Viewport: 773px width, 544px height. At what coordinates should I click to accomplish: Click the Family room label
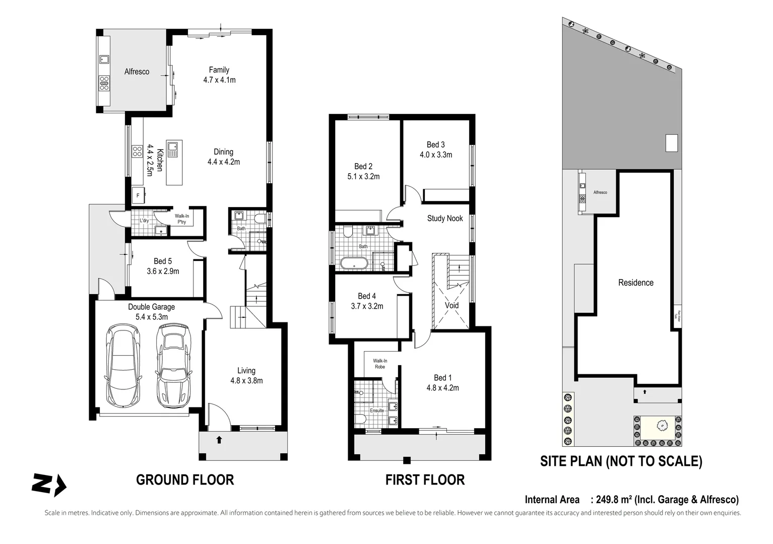tap(219, 70)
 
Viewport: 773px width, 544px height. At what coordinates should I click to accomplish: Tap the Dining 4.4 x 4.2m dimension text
tap(223, 162)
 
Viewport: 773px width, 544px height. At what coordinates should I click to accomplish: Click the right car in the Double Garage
tap(174, 366)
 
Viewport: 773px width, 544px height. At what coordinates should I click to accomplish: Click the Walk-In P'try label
tap(182, 219)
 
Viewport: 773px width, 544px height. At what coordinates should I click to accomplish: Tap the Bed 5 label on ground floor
tap(162, 261)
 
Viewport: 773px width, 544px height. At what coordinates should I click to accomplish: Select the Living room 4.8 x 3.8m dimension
tap(246, 381)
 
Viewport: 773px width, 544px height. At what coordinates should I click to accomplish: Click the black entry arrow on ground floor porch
tap(219, 440)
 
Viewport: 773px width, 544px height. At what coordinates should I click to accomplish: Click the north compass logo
tap(48, 485)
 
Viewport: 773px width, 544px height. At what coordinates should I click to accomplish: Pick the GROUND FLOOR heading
tap(185, 480)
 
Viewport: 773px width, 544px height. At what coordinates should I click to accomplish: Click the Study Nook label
tap(444, 218)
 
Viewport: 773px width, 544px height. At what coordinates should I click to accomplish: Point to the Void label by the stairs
tap(452, 305)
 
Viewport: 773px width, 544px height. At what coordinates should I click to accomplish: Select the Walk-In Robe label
tap(380, 364)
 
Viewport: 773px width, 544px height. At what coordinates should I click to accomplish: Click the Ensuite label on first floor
tap(377, 411)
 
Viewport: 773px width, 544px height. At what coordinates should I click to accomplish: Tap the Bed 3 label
tap(435, 145)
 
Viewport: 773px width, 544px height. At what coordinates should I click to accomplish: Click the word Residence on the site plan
tap(635, 283)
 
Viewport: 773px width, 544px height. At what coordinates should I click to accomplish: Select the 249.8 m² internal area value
tap(614, 500)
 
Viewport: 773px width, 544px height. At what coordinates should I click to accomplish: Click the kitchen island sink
tap(173, 149)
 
